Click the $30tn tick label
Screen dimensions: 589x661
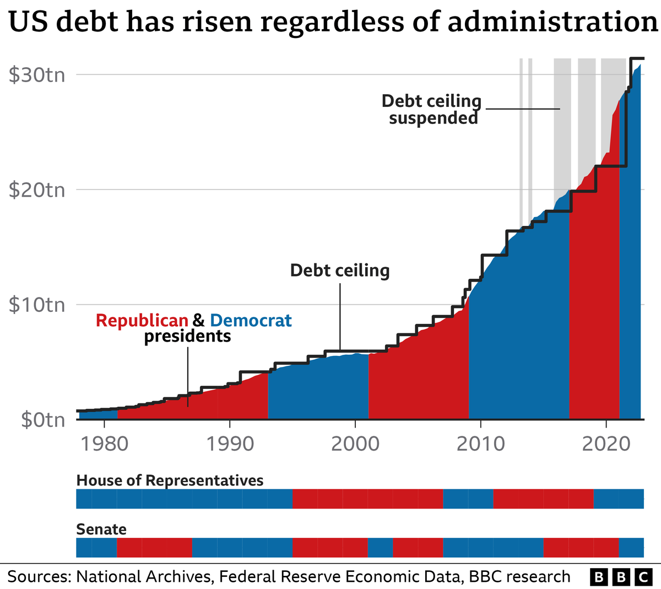pos(37,74)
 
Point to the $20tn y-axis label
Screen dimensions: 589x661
pos(37,190)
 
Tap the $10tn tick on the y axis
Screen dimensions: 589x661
pos(37,305)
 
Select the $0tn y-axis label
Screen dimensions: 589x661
pos(43,420)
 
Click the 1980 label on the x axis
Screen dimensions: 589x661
pos(104,443)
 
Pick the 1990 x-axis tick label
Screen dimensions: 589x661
pos(230,443)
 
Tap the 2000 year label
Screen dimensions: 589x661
pos(355,443)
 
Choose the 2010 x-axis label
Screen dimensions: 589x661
pos(481,443)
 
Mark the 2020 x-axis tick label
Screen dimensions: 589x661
pos(606,443)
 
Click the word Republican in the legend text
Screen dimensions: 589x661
pos(142,320)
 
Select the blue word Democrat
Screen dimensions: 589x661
pos(251,320)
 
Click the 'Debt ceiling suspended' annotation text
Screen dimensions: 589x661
pos(432,109)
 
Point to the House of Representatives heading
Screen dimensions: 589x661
pos(170,480)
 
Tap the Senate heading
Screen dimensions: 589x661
pos(101,529)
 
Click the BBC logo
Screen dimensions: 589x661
pos(620,577)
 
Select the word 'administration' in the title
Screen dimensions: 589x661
pos(552,22)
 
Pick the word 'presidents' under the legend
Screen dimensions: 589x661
pos(187,336)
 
